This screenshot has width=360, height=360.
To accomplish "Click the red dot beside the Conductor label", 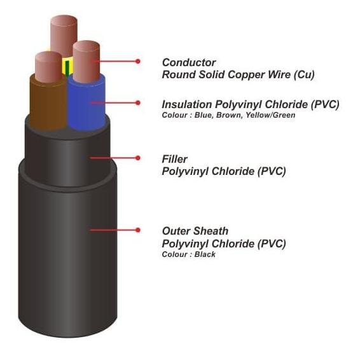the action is point(138,61).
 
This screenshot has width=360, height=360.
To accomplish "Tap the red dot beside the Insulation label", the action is point(138,102).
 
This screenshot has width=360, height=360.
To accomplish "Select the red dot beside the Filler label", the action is point(138,158).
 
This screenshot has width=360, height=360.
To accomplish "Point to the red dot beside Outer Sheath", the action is point(138,230).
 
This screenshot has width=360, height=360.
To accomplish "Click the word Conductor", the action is point(189,62).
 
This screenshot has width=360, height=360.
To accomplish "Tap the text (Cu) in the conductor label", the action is point(304,74).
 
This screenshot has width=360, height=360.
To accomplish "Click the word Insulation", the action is point(187,104).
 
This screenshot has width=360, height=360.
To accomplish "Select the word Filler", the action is point(174,159).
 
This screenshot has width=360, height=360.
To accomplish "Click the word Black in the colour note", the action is point(205,254).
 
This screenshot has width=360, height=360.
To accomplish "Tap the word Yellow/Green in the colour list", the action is point(270,115).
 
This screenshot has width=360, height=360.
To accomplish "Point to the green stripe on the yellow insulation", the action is point(67,68).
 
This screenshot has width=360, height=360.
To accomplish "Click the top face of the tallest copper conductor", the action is point(64,20).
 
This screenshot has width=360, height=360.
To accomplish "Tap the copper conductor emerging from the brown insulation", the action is point(49,67).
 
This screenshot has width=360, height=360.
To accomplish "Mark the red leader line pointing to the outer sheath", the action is point(114,230).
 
